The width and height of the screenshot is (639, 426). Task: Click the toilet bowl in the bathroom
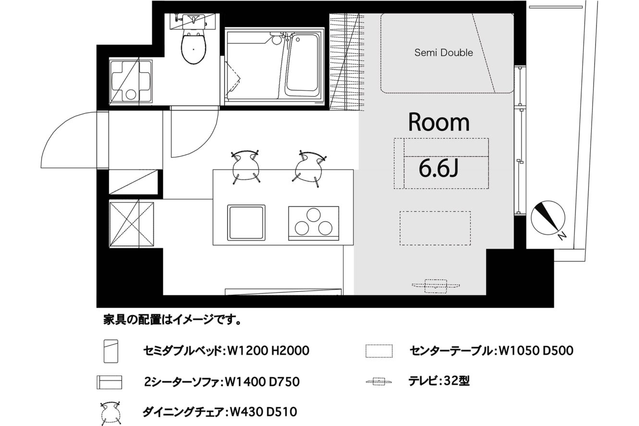194,48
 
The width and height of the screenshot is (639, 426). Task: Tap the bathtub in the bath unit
302,66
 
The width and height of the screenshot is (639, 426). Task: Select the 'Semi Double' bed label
443,53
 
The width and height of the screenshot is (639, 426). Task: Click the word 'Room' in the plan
439,122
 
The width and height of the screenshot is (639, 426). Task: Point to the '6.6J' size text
439,168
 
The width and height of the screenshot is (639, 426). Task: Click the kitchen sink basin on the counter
246,223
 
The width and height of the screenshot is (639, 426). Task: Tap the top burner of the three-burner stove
314,215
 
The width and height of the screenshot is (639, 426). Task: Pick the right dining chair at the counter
309,168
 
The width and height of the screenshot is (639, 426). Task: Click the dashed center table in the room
435,228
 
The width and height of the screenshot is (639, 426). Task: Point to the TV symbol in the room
436,286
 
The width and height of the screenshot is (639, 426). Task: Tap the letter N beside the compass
562,236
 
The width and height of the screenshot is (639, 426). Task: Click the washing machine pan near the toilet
131,81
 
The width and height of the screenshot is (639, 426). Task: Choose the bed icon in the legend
111,351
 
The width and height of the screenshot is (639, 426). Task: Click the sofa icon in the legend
109,382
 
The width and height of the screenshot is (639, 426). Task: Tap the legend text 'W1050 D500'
536,351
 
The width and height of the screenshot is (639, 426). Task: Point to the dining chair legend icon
111,413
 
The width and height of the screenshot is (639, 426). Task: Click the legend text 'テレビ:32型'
439,381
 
